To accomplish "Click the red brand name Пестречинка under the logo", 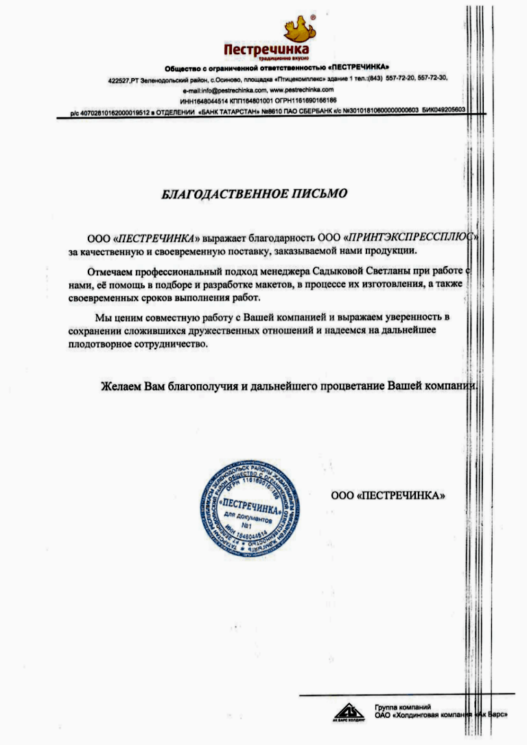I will coord(266,50).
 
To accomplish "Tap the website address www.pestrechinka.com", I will coord(301,91).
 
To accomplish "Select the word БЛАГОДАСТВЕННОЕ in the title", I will coord(220,193).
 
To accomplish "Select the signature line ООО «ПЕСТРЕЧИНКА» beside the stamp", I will coord(388,495).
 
